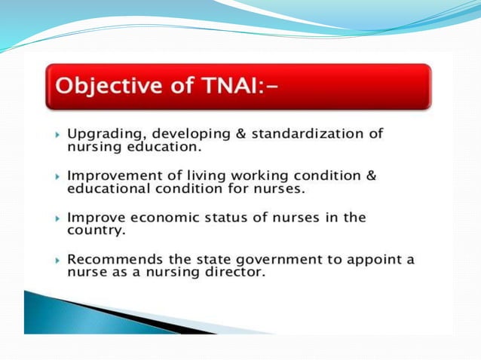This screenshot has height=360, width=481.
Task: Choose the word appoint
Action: click(368, 259)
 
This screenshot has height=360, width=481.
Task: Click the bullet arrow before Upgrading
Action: click(58, 134)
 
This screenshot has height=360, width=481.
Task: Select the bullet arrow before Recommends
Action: click(58, 259)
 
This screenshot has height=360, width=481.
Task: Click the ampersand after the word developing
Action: click(240, 133)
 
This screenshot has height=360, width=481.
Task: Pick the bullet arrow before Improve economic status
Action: click(58, 218)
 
